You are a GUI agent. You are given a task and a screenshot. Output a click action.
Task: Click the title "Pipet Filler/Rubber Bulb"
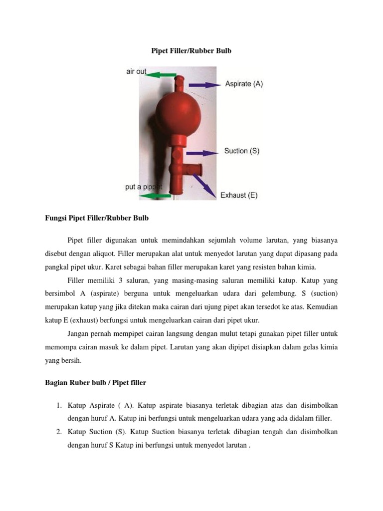tap(191, 51)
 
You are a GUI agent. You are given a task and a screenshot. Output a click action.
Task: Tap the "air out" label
tap(136, 71)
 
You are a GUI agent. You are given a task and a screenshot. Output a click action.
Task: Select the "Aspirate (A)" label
tap(244, 84)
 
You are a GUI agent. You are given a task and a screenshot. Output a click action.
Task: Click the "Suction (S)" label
tap(242, 151)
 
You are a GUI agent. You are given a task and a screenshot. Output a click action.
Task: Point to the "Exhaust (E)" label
tap(239, 195)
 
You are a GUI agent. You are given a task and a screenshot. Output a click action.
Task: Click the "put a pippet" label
tap(143, 187)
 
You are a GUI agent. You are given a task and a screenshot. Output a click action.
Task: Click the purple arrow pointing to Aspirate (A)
tap(203, 85)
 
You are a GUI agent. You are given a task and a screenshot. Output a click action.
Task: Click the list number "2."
tap(58, 432)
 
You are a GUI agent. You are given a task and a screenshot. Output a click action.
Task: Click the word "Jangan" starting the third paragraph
tap(78, 333)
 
